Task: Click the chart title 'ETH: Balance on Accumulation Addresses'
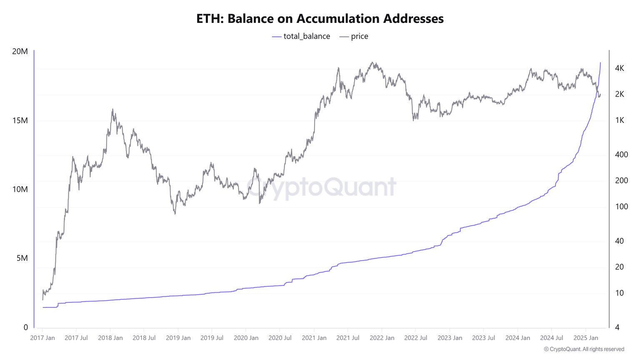[320, 19]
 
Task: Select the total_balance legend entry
[301, 36]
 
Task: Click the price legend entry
[354, 36]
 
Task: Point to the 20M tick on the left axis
[20, 52]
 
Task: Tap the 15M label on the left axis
[20, 120]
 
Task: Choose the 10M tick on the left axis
[20, 189]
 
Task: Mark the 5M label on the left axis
[22, 258]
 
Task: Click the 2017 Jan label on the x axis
[42, 338]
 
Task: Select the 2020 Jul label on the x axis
[280, 338]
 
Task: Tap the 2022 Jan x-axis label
[382, 338]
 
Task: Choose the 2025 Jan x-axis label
[586, 338]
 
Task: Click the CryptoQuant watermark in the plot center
[321, 187]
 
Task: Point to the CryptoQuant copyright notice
[584, 349]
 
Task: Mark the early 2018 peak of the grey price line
[112, 110]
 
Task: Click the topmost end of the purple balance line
[600, 63]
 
